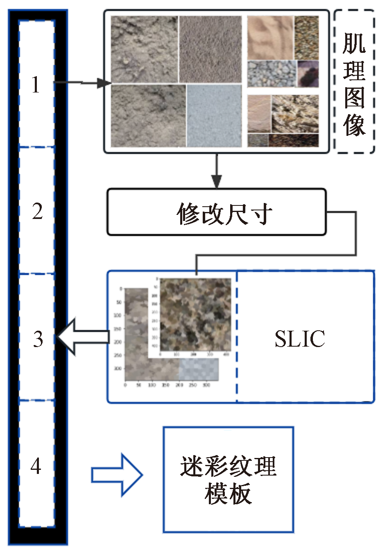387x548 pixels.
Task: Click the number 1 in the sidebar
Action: [x=36, y=85]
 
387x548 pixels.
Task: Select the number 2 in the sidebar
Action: [x=37, y=211]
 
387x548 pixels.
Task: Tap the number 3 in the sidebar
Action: [x=38, y=339]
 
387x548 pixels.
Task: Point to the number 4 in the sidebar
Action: [x=36, y=465]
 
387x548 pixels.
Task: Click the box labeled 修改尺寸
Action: [x=216, y=212]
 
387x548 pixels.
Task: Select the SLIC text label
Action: [x=299, y=339]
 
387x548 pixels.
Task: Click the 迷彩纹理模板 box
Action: [x=228, y=479]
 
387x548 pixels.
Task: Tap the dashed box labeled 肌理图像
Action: [x=354, y=82]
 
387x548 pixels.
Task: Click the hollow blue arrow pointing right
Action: [x=117, y=475]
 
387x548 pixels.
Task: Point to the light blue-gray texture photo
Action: [x=214, y=115]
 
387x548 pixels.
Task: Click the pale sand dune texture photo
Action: [x=270, y=38]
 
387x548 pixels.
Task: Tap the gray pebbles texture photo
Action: [x=272, y=74]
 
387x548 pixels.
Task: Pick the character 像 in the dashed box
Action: [x=354, y=124]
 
